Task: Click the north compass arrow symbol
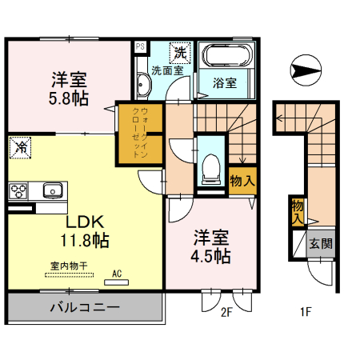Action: coord(307,70)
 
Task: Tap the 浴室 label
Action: coord(225,82)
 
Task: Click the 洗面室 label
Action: coord(168,70)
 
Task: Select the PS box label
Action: coord(139,46)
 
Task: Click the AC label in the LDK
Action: coord(117,274)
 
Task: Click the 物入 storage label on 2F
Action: coord(242,180)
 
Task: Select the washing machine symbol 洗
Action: coord(182,53)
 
